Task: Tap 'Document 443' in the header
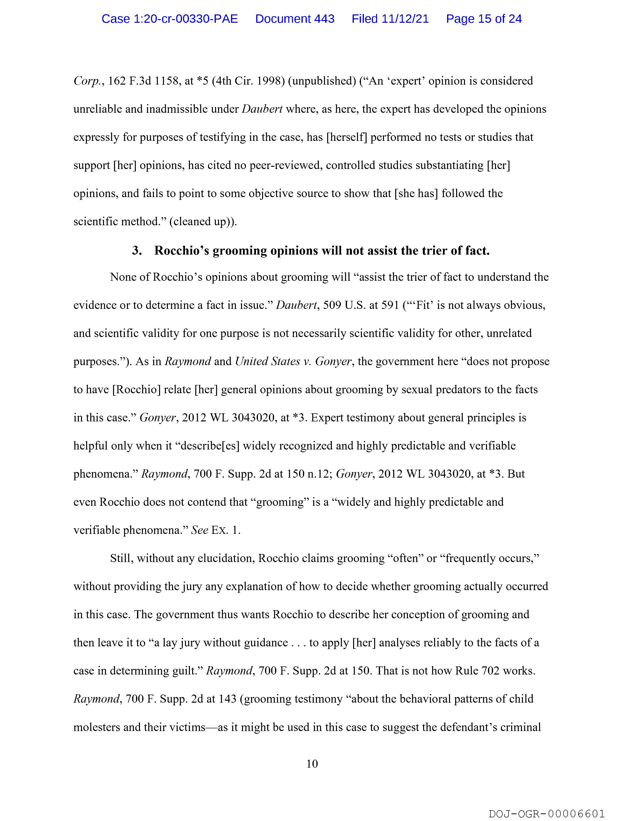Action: pos(295,19)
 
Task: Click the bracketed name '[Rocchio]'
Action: pos(136,390)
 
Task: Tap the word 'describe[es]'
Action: pos(209,446)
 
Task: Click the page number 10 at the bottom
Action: pos(312,764)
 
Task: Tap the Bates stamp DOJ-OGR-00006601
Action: pos(547,814)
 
